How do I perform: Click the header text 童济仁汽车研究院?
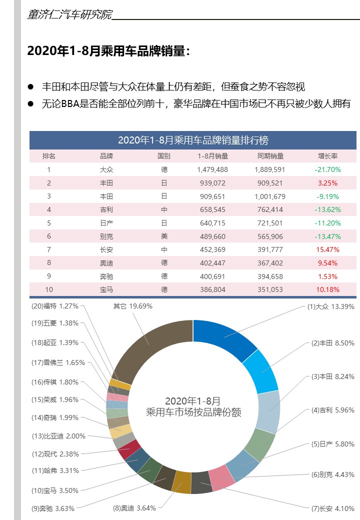pyautogui.click(x=69, y=14)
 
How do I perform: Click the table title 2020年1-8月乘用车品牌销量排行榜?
pyautogui.click(x=193, y=140)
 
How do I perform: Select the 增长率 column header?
pyautogui.click(x=327, y=156)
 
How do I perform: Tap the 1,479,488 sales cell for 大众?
pyautogui.click(x=212, y=169)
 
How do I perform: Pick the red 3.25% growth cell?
pyautogui.click(x=327, y=183)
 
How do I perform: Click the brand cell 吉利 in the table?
pyautogui.click(x=106, y=209)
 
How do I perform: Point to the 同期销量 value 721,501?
pyautogui.click(x=269, y=223)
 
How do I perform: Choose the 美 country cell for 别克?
pyautogui.click(x=164, y=236)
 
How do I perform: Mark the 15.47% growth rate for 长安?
pyautogui.click(x=327, y=249)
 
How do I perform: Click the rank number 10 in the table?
pyautogui.click(x=49, y=289)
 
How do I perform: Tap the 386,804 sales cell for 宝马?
pyautogui.click(x=212, y=289)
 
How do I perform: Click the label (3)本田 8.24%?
pyautogui.click(x=332, y=376)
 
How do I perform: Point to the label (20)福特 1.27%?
pyautogui.click(x=55, y=306)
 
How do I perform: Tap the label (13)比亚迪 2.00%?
pyautogui.click(x=58, y=436)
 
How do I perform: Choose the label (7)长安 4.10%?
pyautogui.click(x=332, y=508)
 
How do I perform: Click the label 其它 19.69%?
pyautogui.click(x=132, y=306)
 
